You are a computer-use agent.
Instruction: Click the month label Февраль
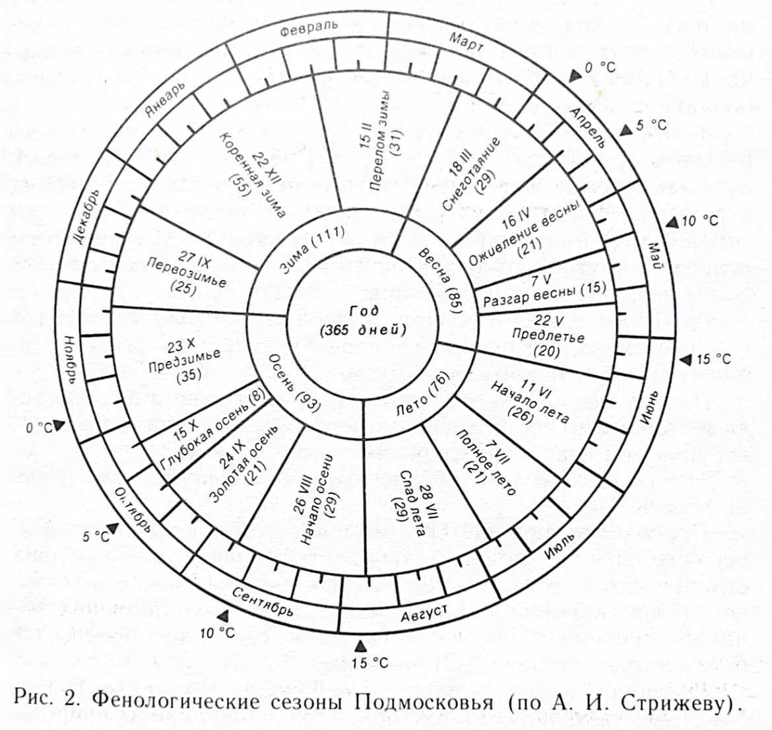(309, 28)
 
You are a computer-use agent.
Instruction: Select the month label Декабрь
(87, 218)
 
